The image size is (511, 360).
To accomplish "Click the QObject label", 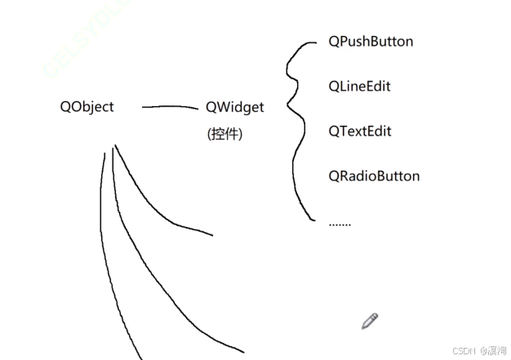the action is [87, 107].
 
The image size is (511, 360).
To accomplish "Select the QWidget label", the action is [235, 107].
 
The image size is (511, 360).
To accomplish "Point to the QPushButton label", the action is [371, 41].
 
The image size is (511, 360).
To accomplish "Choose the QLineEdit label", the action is [359, 86].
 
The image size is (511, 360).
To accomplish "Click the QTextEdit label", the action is [360, 131].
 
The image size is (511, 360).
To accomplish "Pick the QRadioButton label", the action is [374, 176].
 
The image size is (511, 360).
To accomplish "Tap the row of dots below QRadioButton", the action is [340, 223].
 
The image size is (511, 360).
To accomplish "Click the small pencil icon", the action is [370, 321].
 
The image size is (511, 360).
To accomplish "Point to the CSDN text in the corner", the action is [464, 349].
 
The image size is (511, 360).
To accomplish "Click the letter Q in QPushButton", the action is [334, 41].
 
